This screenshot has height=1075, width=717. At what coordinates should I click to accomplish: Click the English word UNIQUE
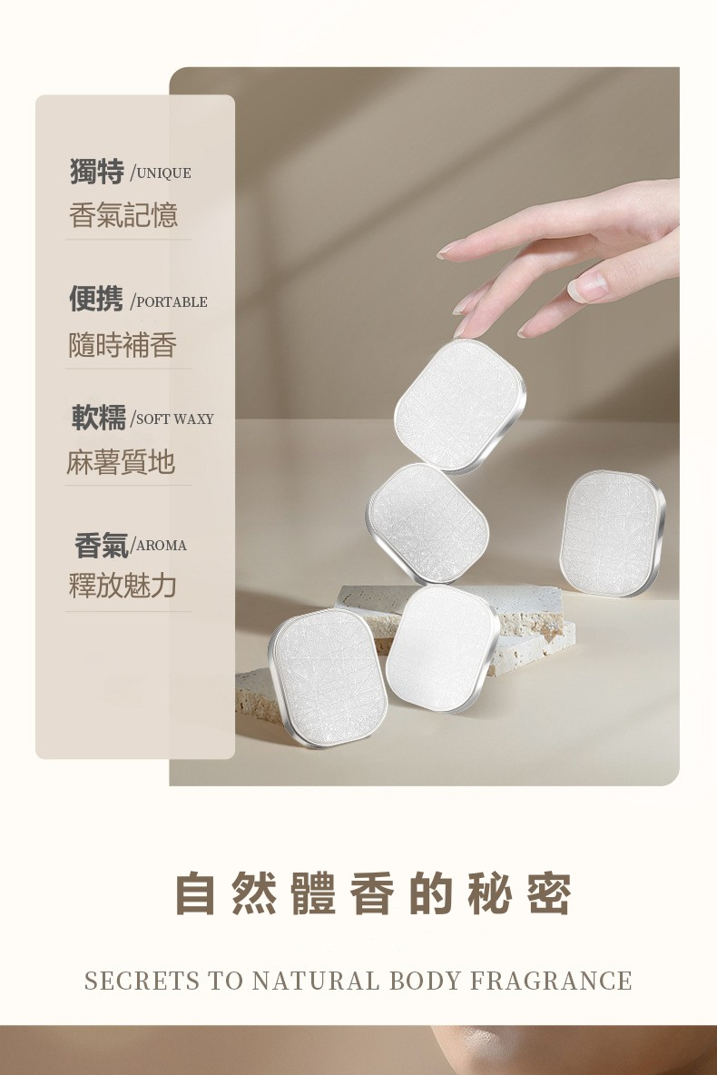pos(164,173)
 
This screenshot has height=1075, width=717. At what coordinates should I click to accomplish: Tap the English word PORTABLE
pos(172,302)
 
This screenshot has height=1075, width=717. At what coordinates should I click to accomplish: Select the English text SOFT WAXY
pos(175,419)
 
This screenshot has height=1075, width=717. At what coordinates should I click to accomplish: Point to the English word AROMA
pos(162,546)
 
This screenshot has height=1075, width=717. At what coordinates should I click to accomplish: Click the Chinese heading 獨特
pos(97,171)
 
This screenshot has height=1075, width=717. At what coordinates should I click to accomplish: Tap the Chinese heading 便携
pos(97,299)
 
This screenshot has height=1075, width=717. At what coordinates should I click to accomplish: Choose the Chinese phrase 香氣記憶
pos(123,215)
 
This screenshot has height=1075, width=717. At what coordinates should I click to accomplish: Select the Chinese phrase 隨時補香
pos(123,345)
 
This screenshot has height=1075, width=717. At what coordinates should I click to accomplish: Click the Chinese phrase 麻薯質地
pos(121,462)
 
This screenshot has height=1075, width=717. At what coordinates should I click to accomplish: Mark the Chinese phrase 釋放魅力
pos(123,586)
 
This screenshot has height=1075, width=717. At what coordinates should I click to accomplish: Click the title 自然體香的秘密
pos(373,894)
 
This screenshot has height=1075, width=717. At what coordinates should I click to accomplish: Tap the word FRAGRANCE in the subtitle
pos(551,981)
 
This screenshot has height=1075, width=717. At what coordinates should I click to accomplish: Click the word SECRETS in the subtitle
pos(142,981)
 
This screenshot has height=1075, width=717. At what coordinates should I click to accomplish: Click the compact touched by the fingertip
pos(460,405)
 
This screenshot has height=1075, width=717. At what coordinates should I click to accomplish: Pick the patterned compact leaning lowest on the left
pos(329,677)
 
